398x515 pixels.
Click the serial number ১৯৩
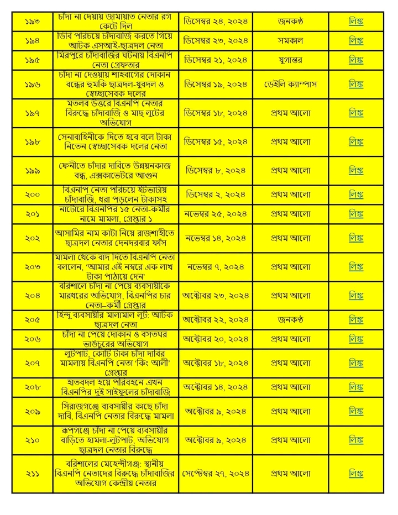click(x=33, y=22)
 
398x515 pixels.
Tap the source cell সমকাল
click(x=290, y=42)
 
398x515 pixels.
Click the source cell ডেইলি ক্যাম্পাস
click(x=290, y=84)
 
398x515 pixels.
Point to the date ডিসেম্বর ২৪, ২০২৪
click(x=216, y=22)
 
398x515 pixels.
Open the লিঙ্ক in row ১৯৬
click(x=356, y=84)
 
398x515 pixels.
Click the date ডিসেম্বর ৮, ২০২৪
click(x=216, y=171)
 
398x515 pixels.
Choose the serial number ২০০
click(x=33, y=195)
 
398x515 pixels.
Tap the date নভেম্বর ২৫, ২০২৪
click(x=216, y=214)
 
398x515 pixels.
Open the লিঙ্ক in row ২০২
click(x=356, y=238)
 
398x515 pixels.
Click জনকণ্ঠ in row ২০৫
click(x=290, y=319)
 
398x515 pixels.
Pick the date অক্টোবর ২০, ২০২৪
click(x=216, y=339)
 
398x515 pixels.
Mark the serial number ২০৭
click(x=33, y=363)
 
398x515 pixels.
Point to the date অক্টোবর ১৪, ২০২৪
click(x=216, y=387)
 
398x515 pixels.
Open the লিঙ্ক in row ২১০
click(x=356, y=440)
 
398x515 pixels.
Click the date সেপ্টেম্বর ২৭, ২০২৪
click(x=216, y=474)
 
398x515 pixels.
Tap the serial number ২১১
click(x=33, y=474)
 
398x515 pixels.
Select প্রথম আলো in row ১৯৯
click(x=290, y=171)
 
